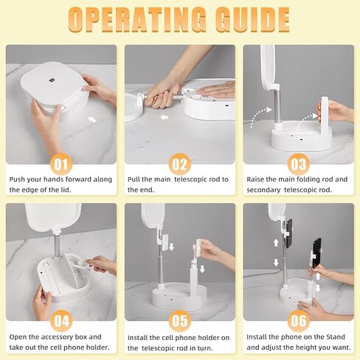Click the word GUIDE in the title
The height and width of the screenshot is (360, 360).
pos(252,20)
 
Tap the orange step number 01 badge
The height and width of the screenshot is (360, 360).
pos(61,165)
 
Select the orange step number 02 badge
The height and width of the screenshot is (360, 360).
pos(180,165)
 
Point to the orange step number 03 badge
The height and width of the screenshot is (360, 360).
pos(299,165)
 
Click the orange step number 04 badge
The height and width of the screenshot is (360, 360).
pos(61,321)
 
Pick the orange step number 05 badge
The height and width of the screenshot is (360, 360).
pos(180,321)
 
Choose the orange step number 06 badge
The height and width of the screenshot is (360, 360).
pos(299,321)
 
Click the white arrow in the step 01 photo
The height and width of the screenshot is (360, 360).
pos(92,120)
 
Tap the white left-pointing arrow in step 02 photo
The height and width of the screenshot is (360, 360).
pos(164,118)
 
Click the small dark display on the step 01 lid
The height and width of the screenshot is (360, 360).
pos(52,80)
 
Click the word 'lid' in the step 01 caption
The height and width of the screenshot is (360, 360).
pos(65,190)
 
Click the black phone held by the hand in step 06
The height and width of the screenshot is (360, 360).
pos(316,253)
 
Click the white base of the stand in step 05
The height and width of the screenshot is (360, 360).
pos(179,297)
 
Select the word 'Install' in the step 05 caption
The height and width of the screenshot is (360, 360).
pos(138,338)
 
